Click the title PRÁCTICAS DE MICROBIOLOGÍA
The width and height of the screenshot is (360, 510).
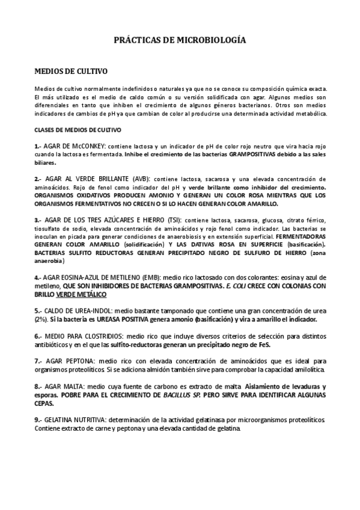point(180,40)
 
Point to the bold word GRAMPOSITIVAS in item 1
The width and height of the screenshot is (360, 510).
point(229,155)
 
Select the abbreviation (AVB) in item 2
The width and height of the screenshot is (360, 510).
point(142,179)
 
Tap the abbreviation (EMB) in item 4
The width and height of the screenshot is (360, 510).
point(149,277)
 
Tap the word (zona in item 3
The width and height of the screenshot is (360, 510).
point(316,253)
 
